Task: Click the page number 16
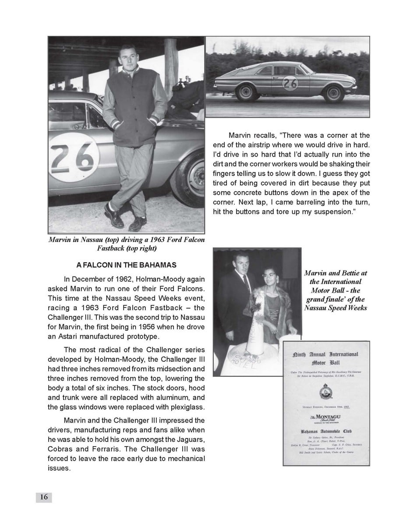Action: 44,497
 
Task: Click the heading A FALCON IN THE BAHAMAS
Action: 126,265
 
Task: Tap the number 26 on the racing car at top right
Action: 290,83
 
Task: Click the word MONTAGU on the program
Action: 328,417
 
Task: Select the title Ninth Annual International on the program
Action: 325,354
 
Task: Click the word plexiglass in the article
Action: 186,407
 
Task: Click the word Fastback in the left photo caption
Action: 111,248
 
